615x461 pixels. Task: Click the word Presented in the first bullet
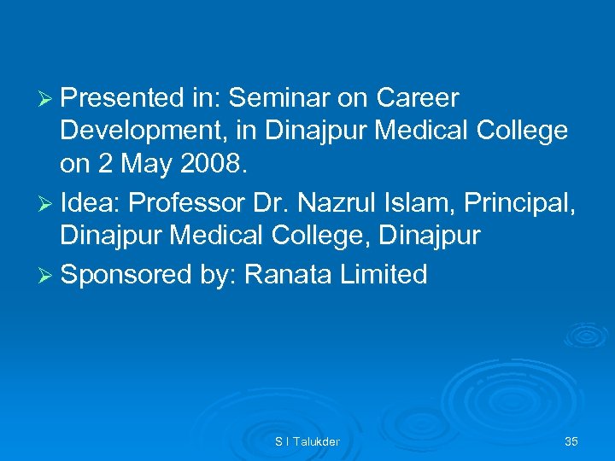[120, 99]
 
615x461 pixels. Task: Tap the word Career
[417, 99]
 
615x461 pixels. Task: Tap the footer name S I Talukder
[307, 441]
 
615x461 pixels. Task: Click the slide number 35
[571, 441]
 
